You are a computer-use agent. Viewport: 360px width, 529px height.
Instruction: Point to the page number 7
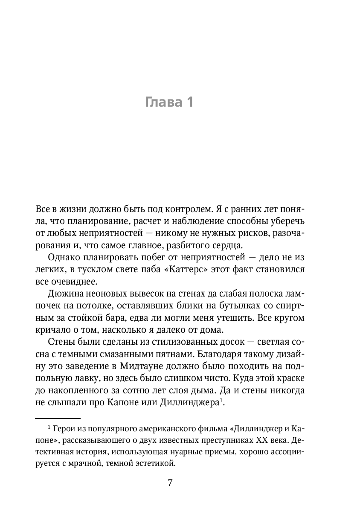pyautogui.click(x=170, y=483)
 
